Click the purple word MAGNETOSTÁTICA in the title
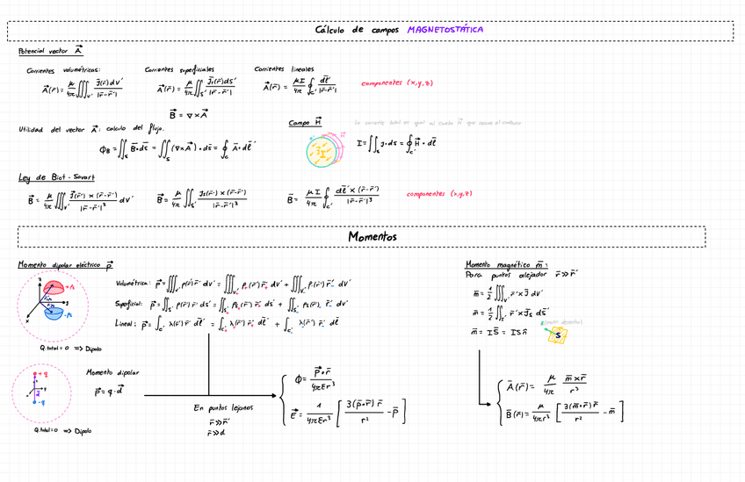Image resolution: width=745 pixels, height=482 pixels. pyautogui.click(x=445, y=30)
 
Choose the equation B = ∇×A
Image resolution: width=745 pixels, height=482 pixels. pyautogui.click(x=189, y=114)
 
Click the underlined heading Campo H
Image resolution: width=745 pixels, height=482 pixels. pyautogui.click(x=305, y=123)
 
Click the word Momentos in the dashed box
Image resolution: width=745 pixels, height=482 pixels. pyautogui.click(x=372, y=237)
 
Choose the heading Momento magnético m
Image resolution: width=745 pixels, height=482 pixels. pyautogui.click(x=506, y=263)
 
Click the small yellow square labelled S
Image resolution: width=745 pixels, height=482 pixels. pyautogui.click(x=557, y=335)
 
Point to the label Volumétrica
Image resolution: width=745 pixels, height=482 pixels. pyautogui.click(x=133, y=284)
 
